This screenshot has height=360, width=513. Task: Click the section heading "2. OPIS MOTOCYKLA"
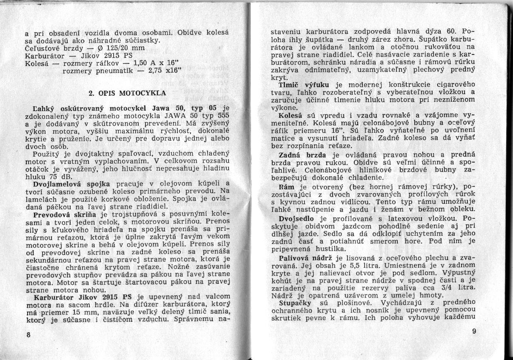click(127, 92)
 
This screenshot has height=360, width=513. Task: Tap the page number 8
click(28, 334)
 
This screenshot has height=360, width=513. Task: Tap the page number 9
click(474, 331)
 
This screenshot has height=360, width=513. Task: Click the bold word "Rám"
click(284, 186)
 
